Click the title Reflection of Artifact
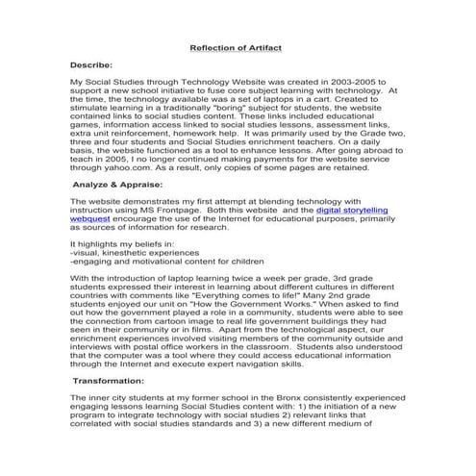pos(238,45)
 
